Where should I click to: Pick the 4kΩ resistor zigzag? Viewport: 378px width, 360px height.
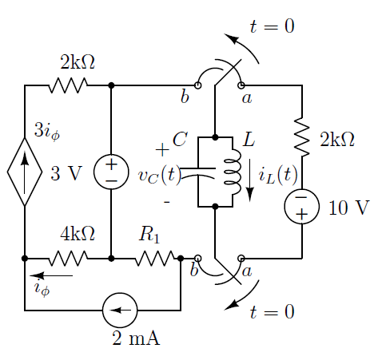[x=68, y=258]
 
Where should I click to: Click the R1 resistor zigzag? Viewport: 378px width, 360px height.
[x=155, y=258]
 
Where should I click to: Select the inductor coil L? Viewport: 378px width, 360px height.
[x=233, y=172]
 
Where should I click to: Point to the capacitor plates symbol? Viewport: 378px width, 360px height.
[x=197, y=172]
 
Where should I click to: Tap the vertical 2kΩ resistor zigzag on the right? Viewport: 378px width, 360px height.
[x=302, y=137]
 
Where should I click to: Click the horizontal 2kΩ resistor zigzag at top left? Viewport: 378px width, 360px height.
[x=68, y=85]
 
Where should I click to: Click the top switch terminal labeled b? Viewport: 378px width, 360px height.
[x=197, y=85]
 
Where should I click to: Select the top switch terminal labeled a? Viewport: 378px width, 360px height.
[x=241, y=85]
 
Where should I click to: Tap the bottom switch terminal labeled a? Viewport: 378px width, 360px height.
[x=241, y=258]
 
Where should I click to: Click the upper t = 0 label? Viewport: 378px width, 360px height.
[x=273, y=26]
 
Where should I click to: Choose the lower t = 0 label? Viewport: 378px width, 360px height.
[x=273, y=311]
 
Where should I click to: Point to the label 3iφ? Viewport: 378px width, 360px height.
[x=47, y=132]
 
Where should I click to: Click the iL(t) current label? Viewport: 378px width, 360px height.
[x=278, y=176]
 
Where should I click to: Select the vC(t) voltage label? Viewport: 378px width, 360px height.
[x=160, y=176]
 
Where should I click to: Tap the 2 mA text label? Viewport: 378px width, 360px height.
[x=136, y=338]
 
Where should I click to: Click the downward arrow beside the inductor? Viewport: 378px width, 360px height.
[x=250, y=180]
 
